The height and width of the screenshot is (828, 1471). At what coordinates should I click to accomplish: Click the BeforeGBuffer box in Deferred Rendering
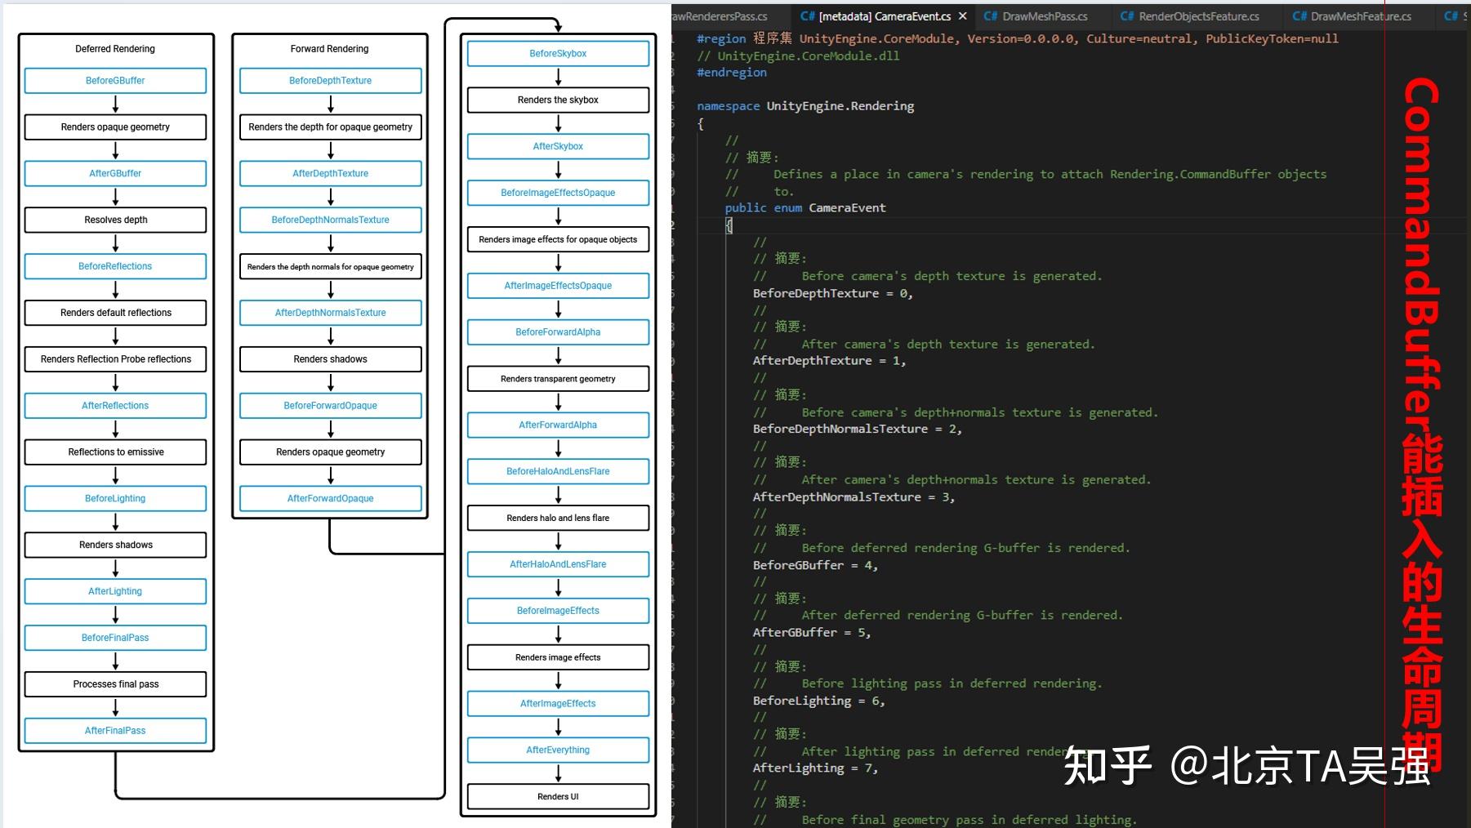[115, 81]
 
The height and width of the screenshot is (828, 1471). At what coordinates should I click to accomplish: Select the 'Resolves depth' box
[115, 220]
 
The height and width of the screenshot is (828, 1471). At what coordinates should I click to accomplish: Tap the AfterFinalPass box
[115, 731]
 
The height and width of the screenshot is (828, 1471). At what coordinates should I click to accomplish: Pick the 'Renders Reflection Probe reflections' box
[115, 359]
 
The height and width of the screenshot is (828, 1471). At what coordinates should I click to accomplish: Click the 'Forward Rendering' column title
[329, 49]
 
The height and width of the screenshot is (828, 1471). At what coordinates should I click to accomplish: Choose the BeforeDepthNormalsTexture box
[330, 220]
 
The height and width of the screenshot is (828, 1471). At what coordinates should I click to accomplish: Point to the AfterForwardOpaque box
[330, 498]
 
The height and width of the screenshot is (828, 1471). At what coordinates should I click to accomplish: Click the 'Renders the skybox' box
[558, 100]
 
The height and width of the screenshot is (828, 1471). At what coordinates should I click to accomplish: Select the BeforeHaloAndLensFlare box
[558, 471]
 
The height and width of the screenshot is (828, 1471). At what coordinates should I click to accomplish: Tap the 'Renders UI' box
[558, 796]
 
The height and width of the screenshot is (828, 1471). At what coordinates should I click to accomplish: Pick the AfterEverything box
[558, 750]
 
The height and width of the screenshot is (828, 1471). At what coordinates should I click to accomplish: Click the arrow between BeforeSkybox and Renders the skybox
[559, 77]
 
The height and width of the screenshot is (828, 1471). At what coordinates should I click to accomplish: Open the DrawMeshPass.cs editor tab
[1036, 16]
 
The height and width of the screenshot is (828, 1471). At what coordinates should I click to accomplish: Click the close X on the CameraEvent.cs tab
[963, 16]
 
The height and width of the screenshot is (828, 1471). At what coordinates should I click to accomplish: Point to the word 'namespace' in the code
[728, 106]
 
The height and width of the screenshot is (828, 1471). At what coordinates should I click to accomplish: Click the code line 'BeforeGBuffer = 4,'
[815, 565]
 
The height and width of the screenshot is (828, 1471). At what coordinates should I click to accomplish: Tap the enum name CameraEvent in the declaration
[847, 208]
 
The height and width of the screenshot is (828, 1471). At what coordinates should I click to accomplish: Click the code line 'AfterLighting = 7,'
[815, 768]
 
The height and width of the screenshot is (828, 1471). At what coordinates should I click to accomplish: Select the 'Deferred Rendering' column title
[115, 49]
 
